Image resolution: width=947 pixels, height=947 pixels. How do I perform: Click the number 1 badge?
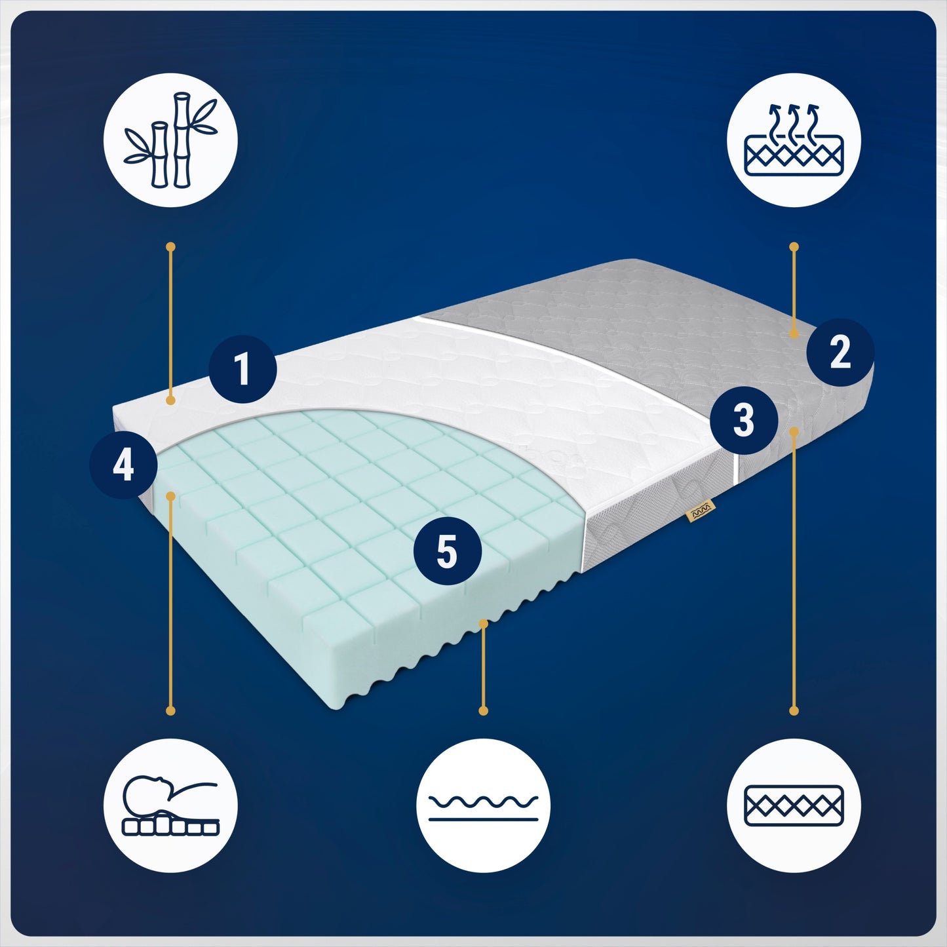(242, 369)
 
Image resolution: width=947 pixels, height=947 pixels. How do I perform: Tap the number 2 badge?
(840, 352)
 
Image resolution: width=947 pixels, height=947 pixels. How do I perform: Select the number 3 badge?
(744, 419)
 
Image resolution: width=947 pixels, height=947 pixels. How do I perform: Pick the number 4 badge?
(123, 465)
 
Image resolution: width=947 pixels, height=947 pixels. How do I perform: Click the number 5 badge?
(447, 551)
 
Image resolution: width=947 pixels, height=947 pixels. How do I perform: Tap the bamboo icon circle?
(170, 140)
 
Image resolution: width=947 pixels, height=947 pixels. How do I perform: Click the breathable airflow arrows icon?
(794, 140)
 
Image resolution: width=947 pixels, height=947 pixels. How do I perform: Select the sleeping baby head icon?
(170, 806)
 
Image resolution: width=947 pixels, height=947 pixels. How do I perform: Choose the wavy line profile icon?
(483, 806)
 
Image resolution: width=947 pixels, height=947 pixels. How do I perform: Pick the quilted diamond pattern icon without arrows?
(794, 806)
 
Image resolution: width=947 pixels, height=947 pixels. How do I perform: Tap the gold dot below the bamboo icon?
(170, 246)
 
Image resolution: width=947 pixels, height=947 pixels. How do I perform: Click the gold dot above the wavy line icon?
(483, 710)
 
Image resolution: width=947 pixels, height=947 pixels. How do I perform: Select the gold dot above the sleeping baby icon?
(170, 710)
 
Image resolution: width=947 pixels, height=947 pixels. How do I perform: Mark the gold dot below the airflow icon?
(794, 246)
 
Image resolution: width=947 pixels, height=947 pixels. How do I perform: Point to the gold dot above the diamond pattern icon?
(794, 710)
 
